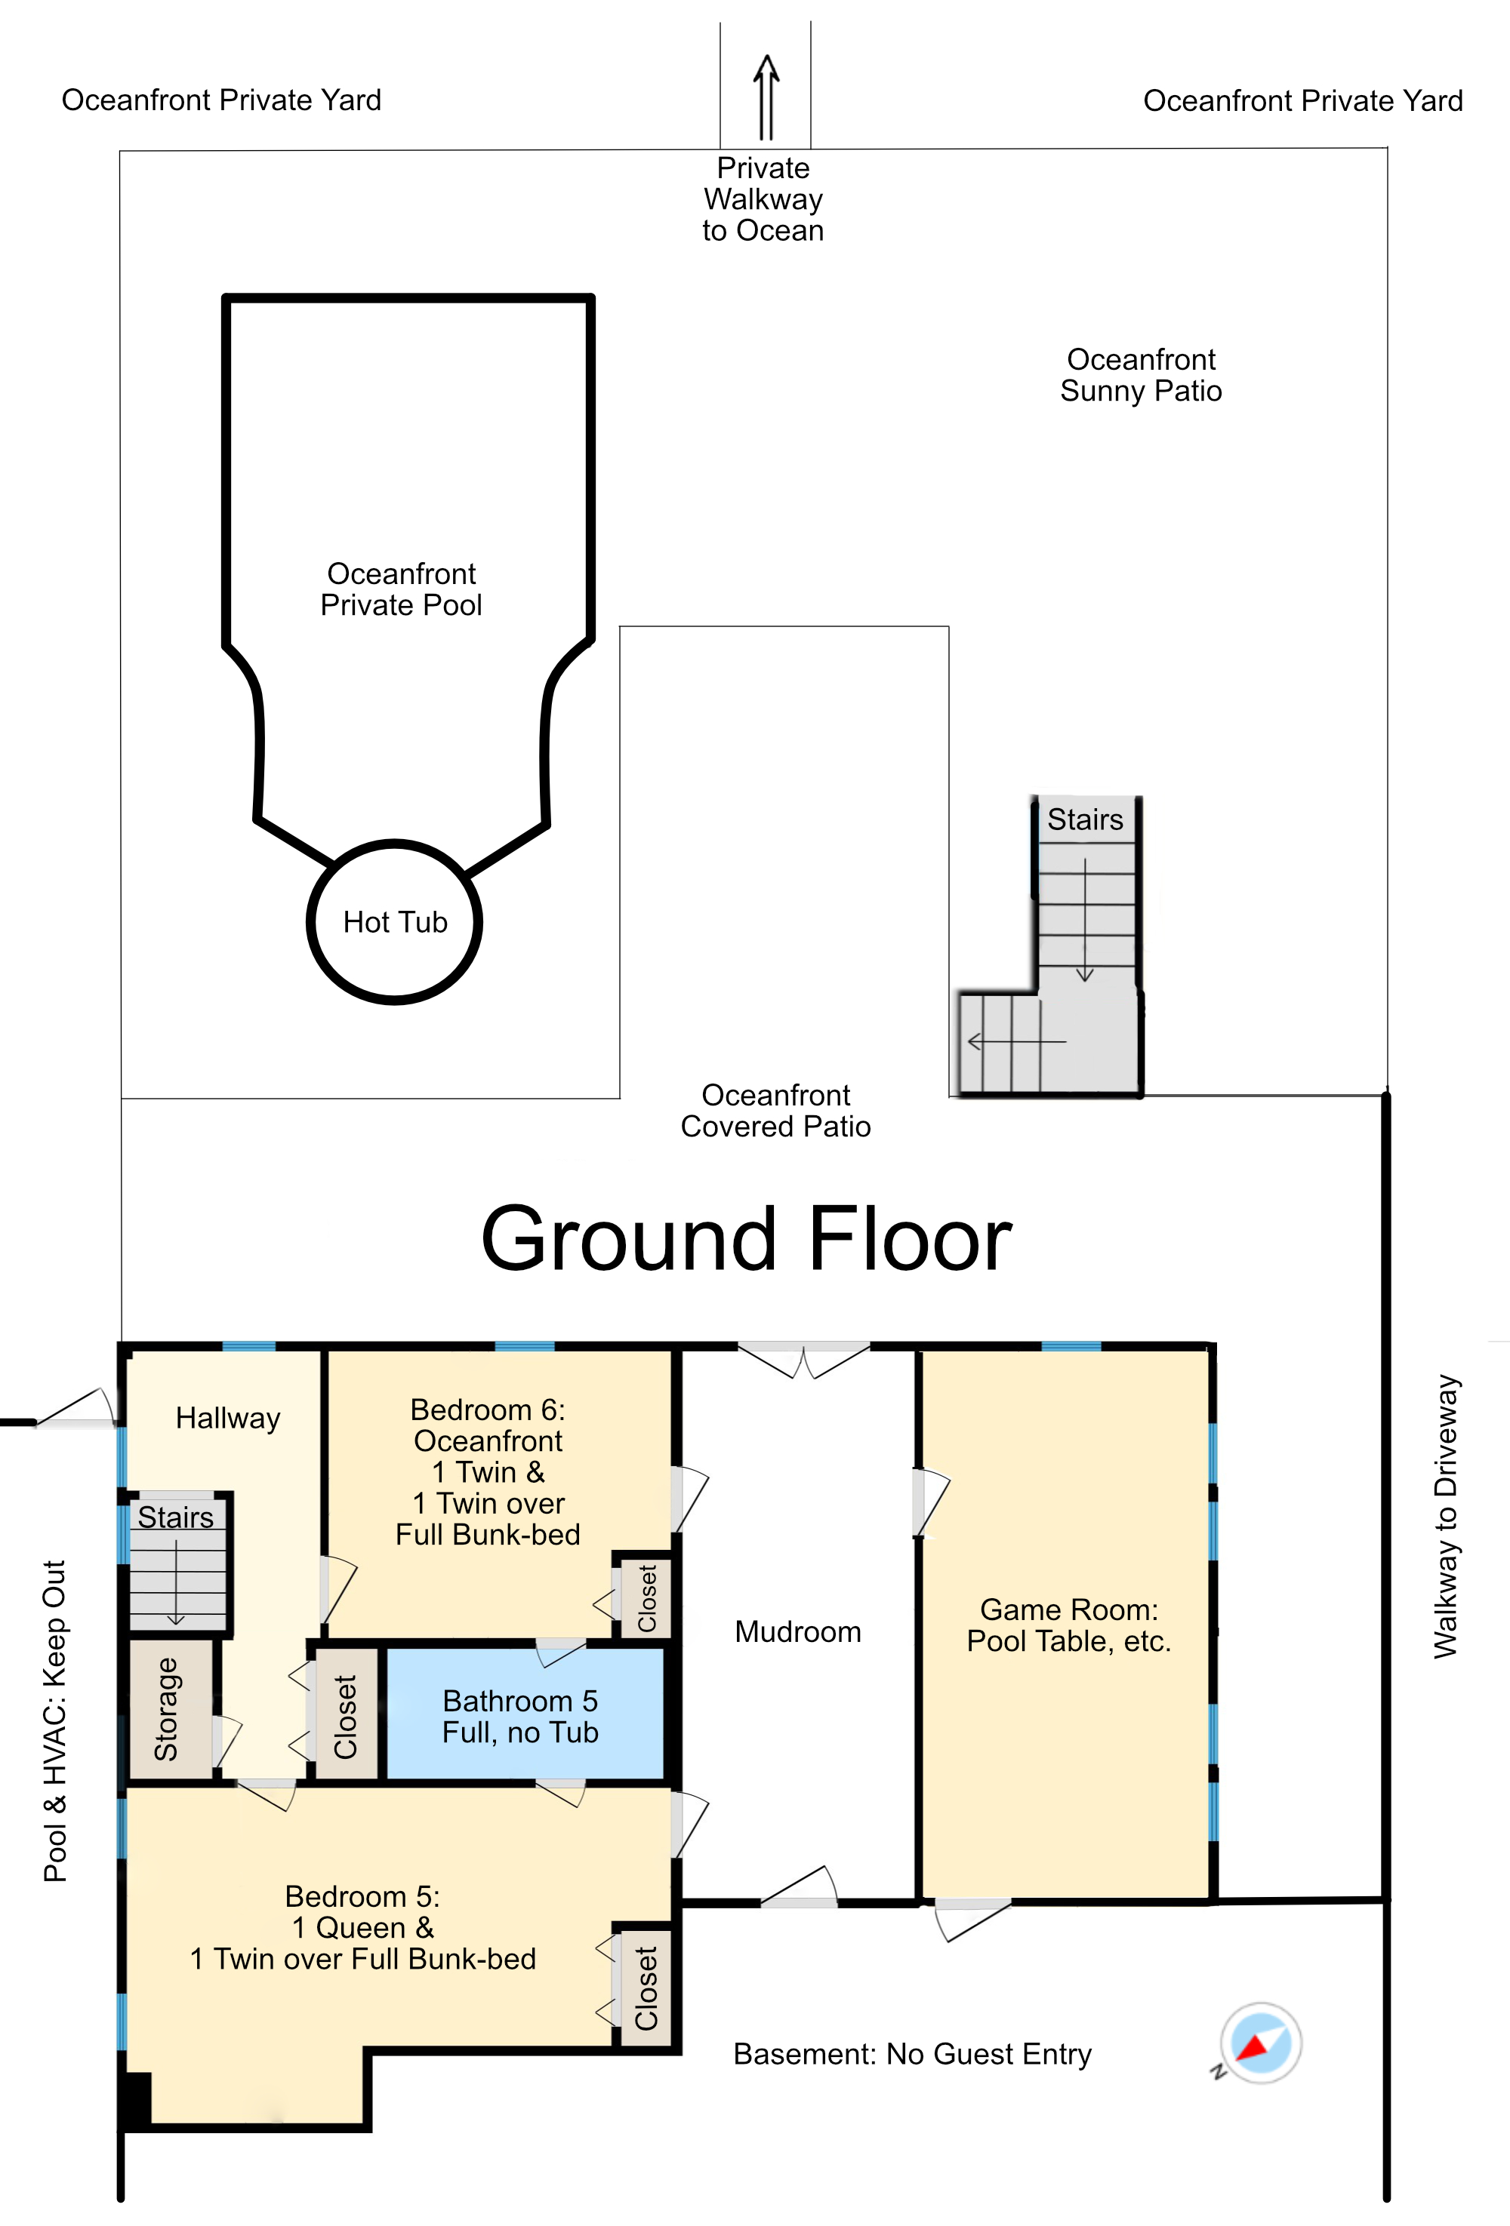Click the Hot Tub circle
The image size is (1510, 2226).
pyautogui.click(x=394, y=843)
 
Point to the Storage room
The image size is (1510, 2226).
pyautogui.click(x=171, y=1710)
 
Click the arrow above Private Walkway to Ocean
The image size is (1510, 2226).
pyautogui.click(x=766, y=97)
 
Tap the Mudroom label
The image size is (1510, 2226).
pyautogui.click(x=798, y=1631)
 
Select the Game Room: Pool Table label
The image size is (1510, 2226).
pyautogui.click(x=1069, y=1625)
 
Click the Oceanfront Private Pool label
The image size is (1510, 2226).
pyautogui.click(x=402, y=589)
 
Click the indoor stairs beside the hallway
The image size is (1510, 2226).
pyautogui.click(x=178, y=1561)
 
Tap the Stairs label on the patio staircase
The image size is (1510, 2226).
pyautogui.click(x=1085, y=820)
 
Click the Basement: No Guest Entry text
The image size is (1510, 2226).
pyautogui.click(x=912, y=2054)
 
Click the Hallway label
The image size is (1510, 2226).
pyautogui.click(x=228, y=1418)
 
